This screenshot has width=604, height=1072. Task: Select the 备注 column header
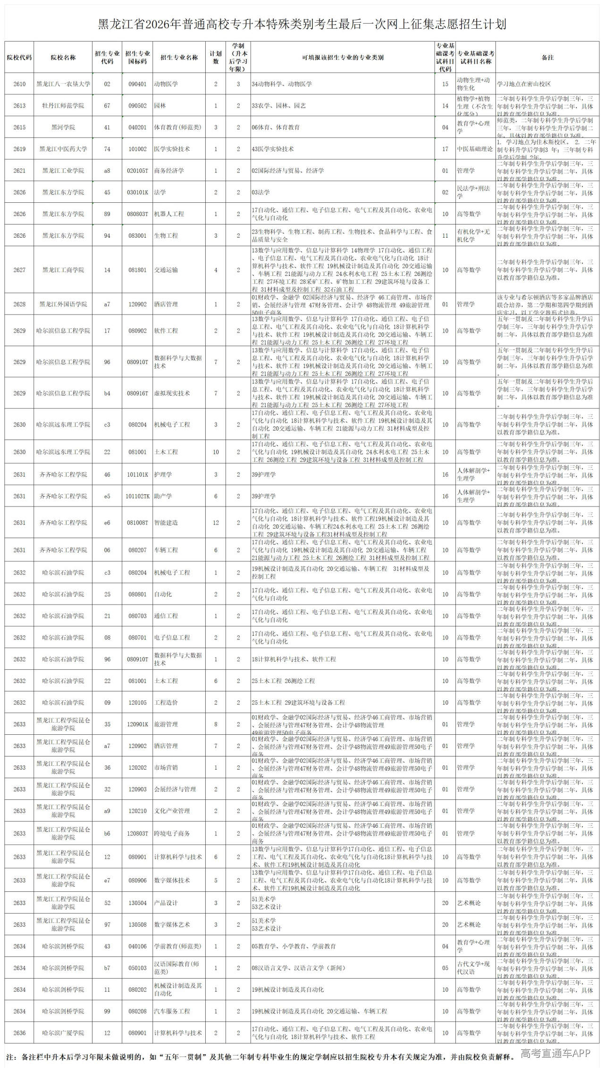tap(547, 58)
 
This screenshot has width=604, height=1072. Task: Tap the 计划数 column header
tap(216, 58)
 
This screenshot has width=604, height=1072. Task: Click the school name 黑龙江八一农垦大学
tap(63, 84)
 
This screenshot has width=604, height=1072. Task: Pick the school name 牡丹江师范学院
tap(63, 106)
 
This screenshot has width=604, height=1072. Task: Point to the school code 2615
tap(19, 127)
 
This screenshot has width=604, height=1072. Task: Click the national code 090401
tap(138, 84)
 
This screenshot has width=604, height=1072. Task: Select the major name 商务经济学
tap(169, 171)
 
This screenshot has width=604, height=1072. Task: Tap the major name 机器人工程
tap(169, 214)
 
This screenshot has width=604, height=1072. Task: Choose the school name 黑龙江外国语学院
tap(63, 304)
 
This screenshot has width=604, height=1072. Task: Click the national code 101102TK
tap(138, 496)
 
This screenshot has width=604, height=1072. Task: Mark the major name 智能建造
tap(166, 523)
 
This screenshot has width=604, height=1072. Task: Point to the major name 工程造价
tap(166, 703)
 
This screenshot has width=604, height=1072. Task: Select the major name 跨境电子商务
tap(172, 834)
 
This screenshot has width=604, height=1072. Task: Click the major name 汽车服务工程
tap(172, 1011)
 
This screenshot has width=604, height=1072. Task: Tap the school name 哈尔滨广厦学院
tap(63, 1033)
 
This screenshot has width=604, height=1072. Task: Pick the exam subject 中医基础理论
tap(475, 149)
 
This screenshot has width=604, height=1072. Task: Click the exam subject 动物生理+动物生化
tap(475, 84)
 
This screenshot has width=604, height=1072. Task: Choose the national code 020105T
tap(138, 171)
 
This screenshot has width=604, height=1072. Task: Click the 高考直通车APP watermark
tap(555, 1054)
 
